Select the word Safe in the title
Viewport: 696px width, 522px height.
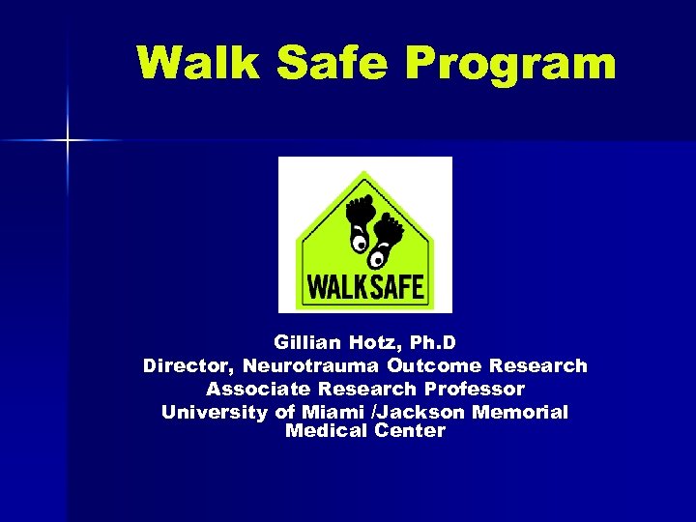[331, 63]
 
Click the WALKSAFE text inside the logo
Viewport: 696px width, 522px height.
[365, 287]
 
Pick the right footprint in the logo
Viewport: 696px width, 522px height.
[390, 232]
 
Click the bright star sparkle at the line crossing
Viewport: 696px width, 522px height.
[68, 141]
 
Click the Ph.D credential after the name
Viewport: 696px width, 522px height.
[434, 343]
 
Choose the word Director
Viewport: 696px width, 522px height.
[188, 366]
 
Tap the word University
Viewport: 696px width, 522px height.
[215, 413]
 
